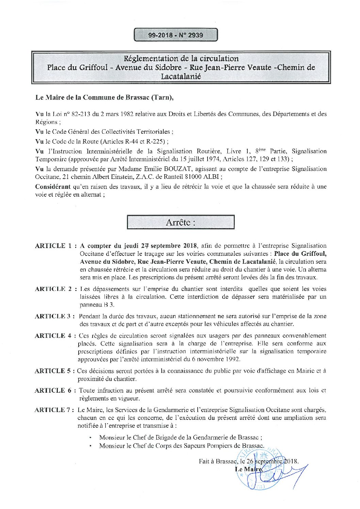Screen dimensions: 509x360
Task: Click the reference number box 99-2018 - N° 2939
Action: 176,35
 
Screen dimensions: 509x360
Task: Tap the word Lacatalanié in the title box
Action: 181,76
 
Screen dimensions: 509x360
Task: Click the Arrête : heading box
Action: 180,223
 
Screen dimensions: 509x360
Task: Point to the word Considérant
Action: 53,186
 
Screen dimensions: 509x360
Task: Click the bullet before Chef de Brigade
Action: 90,438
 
